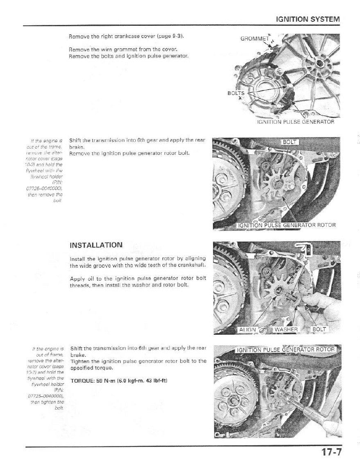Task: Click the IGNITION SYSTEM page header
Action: [308, 19]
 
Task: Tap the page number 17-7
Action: [331, 452]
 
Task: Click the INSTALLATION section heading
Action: [96, 245]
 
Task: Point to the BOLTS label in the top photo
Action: [236, 93]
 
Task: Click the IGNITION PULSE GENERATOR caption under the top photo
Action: [295, 122]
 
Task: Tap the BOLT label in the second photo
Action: [290, 142]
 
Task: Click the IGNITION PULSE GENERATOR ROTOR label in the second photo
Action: [287, 225]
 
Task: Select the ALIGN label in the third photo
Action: [247, 329]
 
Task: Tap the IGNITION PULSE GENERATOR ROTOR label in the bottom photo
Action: [287, 350]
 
